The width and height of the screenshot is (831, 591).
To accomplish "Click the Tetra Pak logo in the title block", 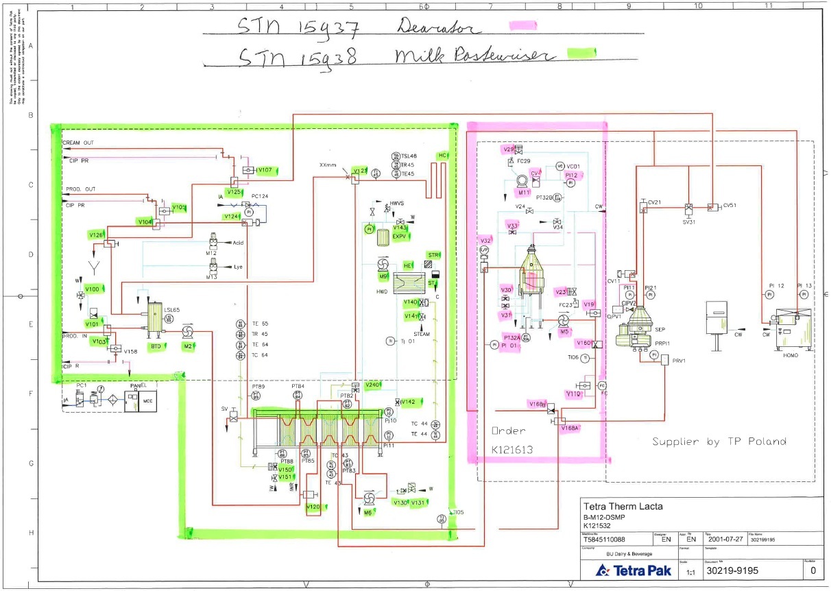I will (x=634, y=570).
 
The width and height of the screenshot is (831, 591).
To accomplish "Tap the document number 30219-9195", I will (x=732, y=570).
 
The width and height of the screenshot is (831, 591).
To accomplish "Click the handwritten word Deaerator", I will (x=438, y=27).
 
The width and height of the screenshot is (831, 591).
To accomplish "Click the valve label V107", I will (x=265, y=170).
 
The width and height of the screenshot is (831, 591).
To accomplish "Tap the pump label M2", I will (x=188, y=346).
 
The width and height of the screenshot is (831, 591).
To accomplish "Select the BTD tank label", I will (x=156, y=346).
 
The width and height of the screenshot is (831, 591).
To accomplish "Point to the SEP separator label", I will (x=641, y=329).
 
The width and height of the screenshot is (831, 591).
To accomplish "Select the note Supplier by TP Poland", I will (x=719, y=441).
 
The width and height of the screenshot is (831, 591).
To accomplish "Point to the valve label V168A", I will (x=570, y=428).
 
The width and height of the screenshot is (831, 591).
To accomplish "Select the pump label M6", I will (x=368, y=512).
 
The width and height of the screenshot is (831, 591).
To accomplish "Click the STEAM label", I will (x=421, y=334).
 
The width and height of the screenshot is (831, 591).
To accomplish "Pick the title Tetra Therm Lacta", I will (x=623, y=507).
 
